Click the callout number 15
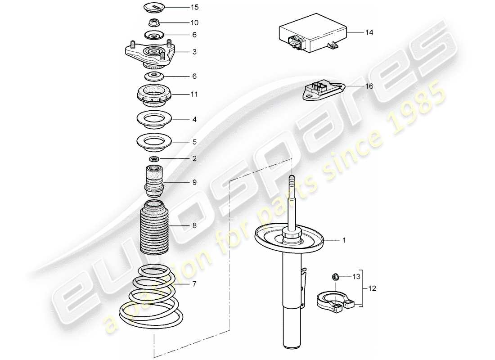tap(194, 8)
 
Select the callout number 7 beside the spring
tap(194, 284)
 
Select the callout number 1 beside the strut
tap(344, 241)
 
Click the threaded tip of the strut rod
tap(292, 180)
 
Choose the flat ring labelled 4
tap(154, 120)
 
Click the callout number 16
tap(369, 86)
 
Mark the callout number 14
tap(369, 32)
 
